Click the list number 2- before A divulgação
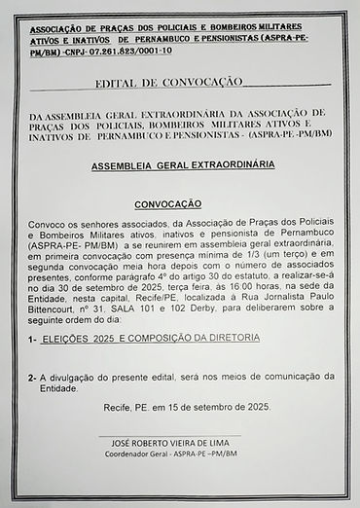coord(33,376)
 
